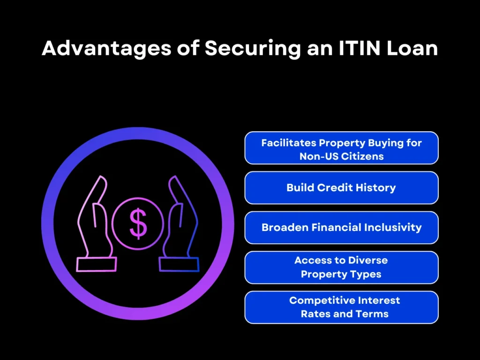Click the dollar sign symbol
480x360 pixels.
pos(138,224)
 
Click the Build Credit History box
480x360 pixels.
pos(341,187)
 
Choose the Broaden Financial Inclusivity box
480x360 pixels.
pos(341,227)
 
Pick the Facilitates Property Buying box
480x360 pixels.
pos(341,148)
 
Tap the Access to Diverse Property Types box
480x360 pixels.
pos(341,267)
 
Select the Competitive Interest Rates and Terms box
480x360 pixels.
pos(341,307)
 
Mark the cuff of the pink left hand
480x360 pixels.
pos(96,264)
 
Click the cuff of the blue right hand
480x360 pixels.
pos(179,264)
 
